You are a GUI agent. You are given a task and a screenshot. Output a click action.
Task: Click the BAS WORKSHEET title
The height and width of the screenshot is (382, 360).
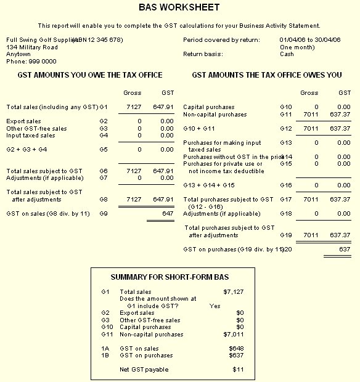pyautogui.click(x=179, y=7)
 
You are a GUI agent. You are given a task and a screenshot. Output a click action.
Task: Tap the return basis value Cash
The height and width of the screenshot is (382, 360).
pyautogui.click(x=287, y=54)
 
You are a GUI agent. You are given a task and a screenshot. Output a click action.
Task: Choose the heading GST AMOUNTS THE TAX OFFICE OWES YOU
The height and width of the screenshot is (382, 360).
pyautogui.click(x=267, y=75)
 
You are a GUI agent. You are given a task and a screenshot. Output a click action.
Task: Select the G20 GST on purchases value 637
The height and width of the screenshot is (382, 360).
pyautogui.click(x=345, y=249)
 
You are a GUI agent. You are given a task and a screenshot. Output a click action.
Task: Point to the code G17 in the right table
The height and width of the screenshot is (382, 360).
pyautogui.click(x=285, y=200)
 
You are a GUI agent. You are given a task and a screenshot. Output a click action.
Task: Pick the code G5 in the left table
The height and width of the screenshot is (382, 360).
pyautogui.click(x=104, y=149)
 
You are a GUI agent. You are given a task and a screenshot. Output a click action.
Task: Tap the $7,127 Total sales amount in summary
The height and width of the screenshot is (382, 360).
pyautogui.click(x=234, y=291)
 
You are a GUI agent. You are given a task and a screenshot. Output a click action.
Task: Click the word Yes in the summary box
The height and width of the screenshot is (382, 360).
pyautogui.click(x=215, y=306)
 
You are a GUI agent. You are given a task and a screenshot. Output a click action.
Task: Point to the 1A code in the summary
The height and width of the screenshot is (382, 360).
pyautogui.click(x=105, y=349)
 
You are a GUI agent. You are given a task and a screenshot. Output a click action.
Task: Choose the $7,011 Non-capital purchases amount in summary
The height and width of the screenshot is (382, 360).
pyautogui.click(x=234, y=335)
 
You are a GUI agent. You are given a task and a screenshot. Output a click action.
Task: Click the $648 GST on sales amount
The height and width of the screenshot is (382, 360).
pyautogui.click(x=236, y=349)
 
